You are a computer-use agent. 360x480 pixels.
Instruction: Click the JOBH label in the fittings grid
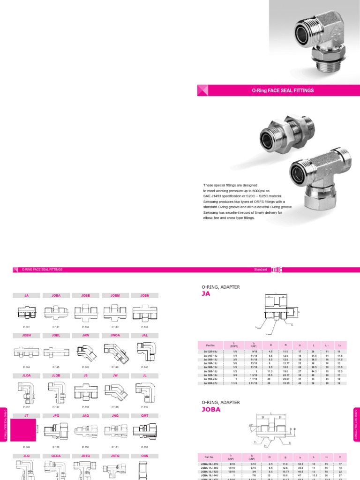pos(26,335)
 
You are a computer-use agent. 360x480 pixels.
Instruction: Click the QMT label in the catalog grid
pos(145,415)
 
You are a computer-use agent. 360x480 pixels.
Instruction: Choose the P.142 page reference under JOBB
pos(86,326)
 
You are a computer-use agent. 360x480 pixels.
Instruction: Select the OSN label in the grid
pos(145,455)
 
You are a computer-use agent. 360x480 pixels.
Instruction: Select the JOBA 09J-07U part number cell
pos(210,463)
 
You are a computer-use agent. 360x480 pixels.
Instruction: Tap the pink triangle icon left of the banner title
pos(203,90)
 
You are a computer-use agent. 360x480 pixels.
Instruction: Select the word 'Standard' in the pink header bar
pos(260,270)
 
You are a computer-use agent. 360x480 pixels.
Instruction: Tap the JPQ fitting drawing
pos(56,429)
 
